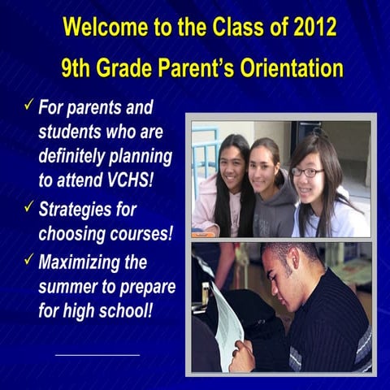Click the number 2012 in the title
pos(310,27)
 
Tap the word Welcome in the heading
pos(103,27)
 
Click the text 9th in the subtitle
pos(79,66)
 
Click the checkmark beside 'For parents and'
pos(28,105)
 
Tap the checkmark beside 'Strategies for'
pos(28,207)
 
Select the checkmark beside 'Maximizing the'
pos(28,259)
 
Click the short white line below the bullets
pos(97,354)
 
